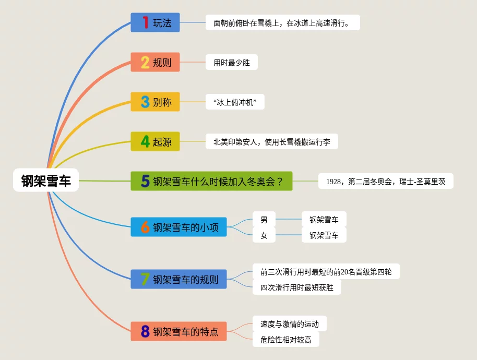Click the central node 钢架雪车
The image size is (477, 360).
pyautogui.click(x=46, y=181)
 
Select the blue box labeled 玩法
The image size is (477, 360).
pyautogui.click(x=155, y=22)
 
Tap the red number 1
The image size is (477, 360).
pyautogui.click(x=146, y=22)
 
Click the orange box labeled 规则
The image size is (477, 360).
pyautogui.click(x=155, y=63)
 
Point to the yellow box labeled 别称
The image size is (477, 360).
pyautogui.click(x=155, y=102)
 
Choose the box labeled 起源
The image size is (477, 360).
pyautogui.click(x=155, y=141)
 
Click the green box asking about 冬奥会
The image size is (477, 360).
pyautogui.click(x=211, y=181)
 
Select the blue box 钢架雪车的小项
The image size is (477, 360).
pyautogui.click(x=178, y=227)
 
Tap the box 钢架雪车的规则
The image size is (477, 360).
pyautogui.click(x=178, y=279)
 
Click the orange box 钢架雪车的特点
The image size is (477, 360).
pyautogui.click(x=178, y=331)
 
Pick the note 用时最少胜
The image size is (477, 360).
pyautogui.click(x=232, y=63)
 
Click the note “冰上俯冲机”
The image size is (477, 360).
pyautogui.click(x=235, y=102)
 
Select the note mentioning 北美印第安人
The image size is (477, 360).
pyautogui.click(x=271, y=141)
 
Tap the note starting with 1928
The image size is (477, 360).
pyautogui.click(x=386, y=182)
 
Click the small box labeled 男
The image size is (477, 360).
pyautogui.click(x=264, y=220)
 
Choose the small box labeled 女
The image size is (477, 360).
pyautogui.click(x=264, y=235)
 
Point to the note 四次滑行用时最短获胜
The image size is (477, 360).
pyautogui.click(x=296, y=287)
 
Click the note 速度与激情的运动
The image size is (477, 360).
pyautogui.click(x=289, y=324)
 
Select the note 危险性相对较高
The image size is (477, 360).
pyautogui.click(x=285, y=340)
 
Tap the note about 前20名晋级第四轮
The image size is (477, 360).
pyautogui.click(x=326, y=271)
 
